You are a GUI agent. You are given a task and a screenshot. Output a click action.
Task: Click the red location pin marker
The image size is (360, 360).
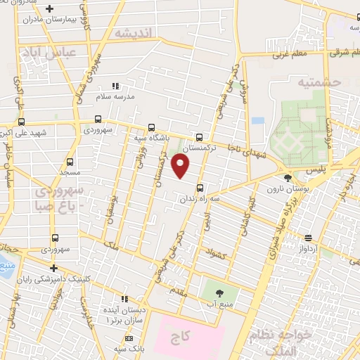(x=181, y=166)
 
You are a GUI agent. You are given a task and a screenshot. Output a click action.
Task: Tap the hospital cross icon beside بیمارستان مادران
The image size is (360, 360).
(x=49, y=9)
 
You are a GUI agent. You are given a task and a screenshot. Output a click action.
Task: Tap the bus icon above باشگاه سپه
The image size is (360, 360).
(x=152, y=127)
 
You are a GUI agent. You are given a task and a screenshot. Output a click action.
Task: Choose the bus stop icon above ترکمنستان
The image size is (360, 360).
(x=200, y=137)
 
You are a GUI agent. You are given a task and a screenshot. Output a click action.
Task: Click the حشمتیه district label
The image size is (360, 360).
(x=319, y=82)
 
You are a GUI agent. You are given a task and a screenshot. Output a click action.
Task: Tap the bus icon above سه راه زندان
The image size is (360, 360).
(x=200, y=188)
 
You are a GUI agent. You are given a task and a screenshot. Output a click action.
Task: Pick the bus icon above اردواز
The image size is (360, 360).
(x=307, y=238)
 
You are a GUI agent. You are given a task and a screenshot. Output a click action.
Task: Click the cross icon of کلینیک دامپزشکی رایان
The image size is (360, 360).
(x=53, y=268)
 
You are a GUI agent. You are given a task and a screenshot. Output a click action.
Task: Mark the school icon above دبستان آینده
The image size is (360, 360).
(x=124, y=299)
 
